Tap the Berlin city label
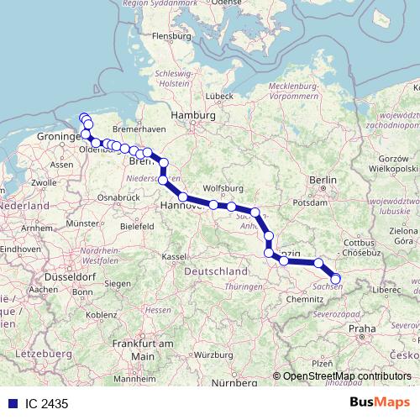(x=322, y=180)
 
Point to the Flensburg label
(x=172, y=36)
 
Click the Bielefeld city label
(x=138, y=226)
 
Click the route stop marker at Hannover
(x=182, y=197)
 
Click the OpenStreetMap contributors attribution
(x=346, y=376)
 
